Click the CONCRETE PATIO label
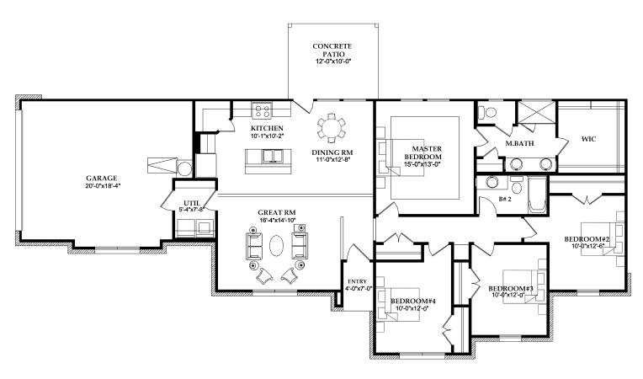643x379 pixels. (x=332, y=49)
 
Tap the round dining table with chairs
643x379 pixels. (x=331, y=128)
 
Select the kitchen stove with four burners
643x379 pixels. (x=262, y=109)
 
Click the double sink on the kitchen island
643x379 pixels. (x=271, y=157)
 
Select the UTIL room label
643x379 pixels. (x=191, y=202)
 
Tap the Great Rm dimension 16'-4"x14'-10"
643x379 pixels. (x=277, y=219)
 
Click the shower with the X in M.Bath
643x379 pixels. (x=533, y=114)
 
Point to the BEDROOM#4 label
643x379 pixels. (x=414, y=301)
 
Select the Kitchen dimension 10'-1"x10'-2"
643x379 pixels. (x=267, y=135)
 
